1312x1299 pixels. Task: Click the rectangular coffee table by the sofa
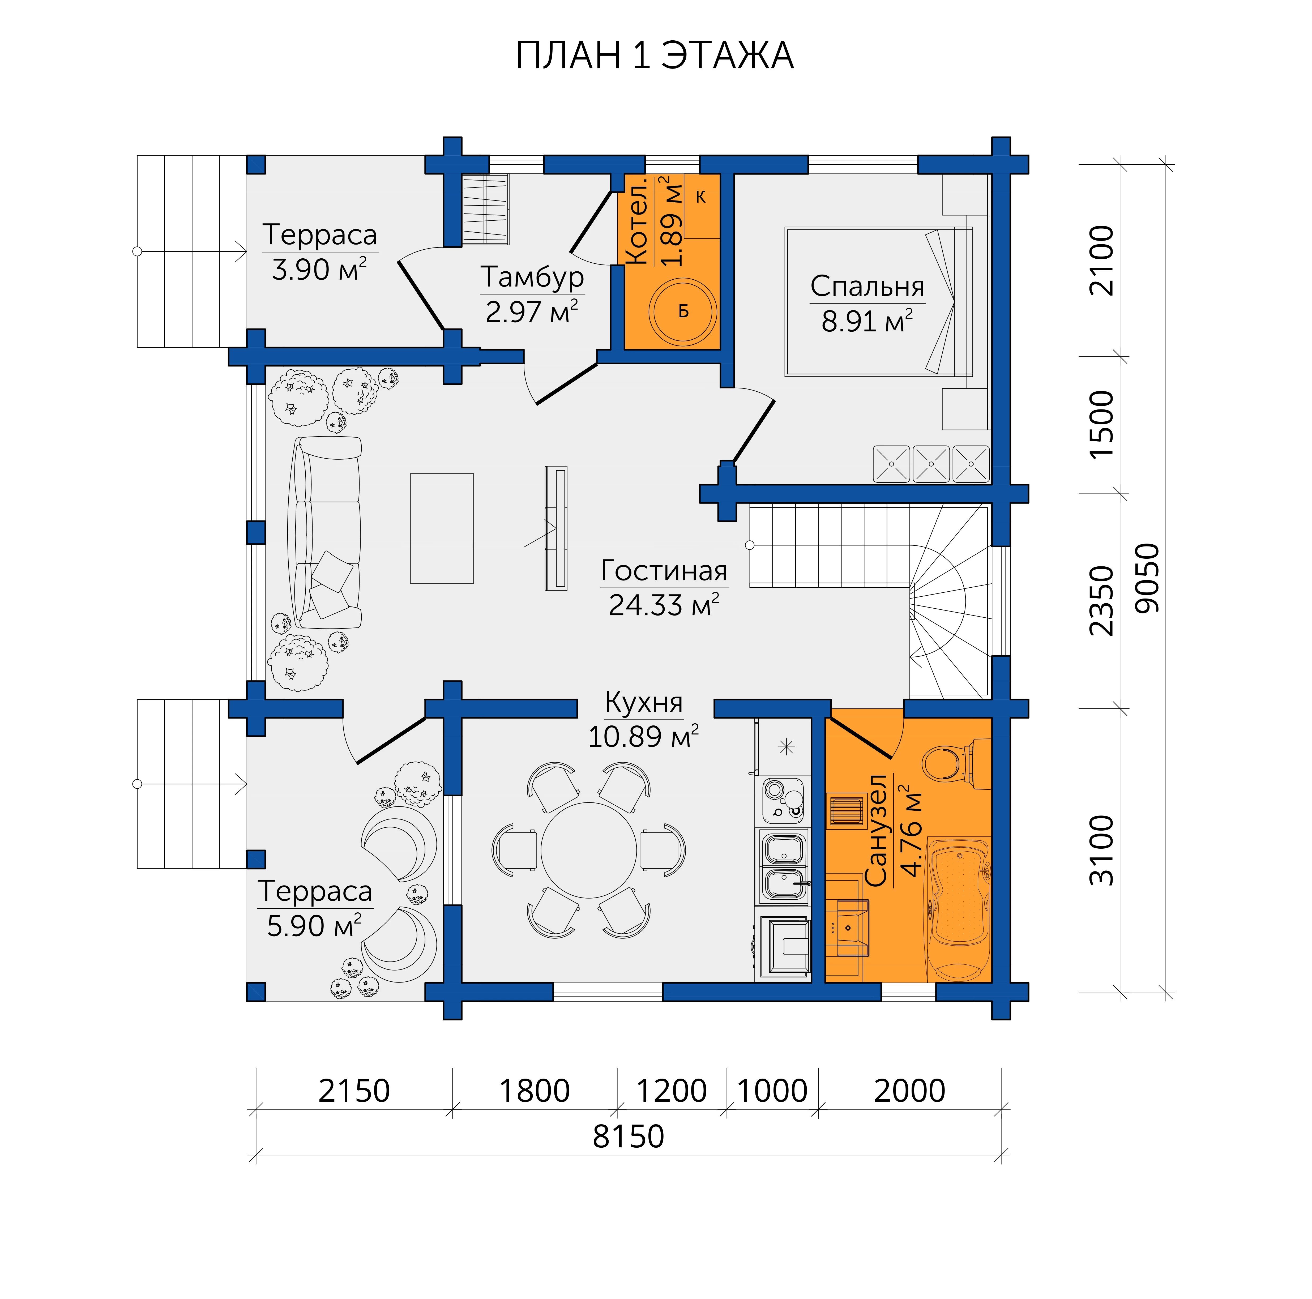pyautogui.click(x=441, y=528)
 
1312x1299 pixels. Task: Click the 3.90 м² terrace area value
pyautogui.click(x=319, y=270)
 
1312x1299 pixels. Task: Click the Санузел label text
pyautogui.click(x=877, y=830)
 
